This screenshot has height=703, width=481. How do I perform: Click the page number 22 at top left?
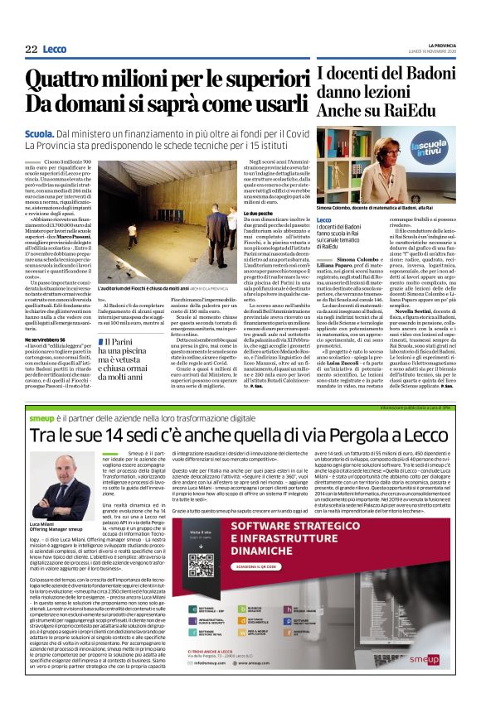pos(31,50)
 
